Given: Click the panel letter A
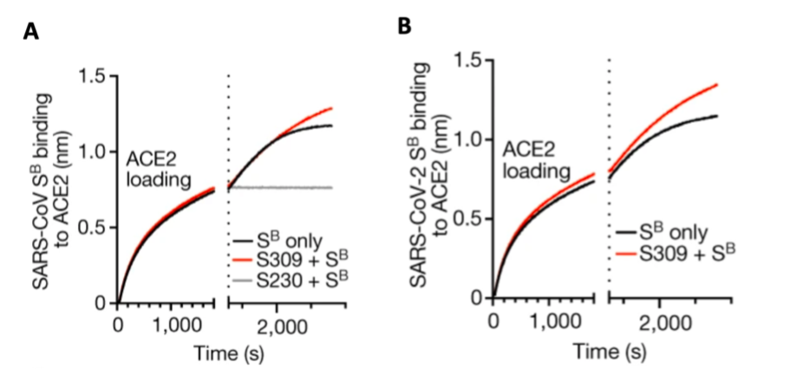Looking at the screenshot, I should [31, 32].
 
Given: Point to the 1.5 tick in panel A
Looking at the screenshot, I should [93, 76].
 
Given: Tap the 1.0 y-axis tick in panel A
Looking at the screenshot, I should [93, 152].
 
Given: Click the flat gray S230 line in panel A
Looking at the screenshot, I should [277, 188].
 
